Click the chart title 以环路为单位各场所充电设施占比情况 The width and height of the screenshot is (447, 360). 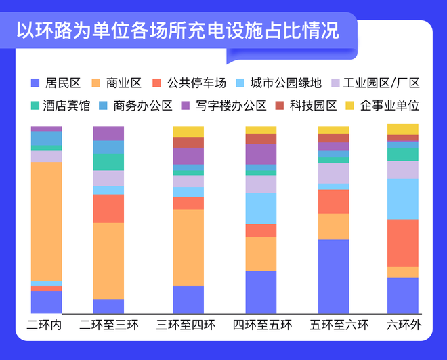(x=177, y=31)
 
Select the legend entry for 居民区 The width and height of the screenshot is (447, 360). (x=56, y=83)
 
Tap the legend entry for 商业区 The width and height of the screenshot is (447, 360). (x=120, y=83)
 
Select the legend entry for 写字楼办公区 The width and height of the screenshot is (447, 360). (x=228, y=106)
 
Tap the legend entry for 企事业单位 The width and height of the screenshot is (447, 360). (x=383, y=106)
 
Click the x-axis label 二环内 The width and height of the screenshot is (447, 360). (x=45, y=325)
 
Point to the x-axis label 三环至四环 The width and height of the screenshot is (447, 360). (x=186, y=325)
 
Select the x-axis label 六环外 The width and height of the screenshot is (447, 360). (x=403, y=325)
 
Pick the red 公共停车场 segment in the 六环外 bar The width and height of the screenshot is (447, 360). (x=403, y=243)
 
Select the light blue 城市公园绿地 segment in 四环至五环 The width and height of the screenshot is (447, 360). (x=261, y=208)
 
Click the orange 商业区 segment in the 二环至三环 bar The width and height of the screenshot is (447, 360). (x=108, y=260)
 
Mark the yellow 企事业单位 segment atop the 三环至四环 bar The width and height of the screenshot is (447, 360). (x=188, y=132)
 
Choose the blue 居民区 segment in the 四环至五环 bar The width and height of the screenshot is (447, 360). (x=261, y=292)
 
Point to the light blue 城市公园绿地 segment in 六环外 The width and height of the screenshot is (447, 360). (x=403, y=199)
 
